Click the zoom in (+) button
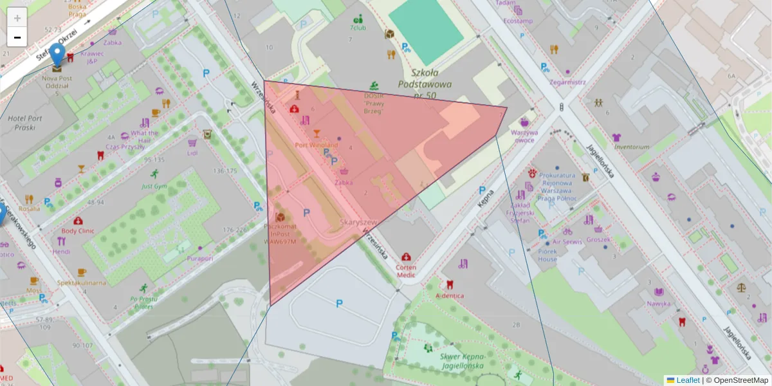(17, 17)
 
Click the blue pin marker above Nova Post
(58, 54)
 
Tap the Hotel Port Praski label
(26, 122)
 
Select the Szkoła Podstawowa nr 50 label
(425, 84)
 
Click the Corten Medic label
(406, 271)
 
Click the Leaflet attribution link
(688, 380)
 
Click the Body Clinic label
(78, 230)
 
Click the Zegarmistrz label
(567, 82)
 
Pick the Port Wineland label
(316, 145)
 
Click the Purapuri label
(199, 258)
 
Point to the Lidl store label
(192, 153)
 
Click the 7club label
(358, 28)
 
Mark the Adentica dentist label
(450, 295)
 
